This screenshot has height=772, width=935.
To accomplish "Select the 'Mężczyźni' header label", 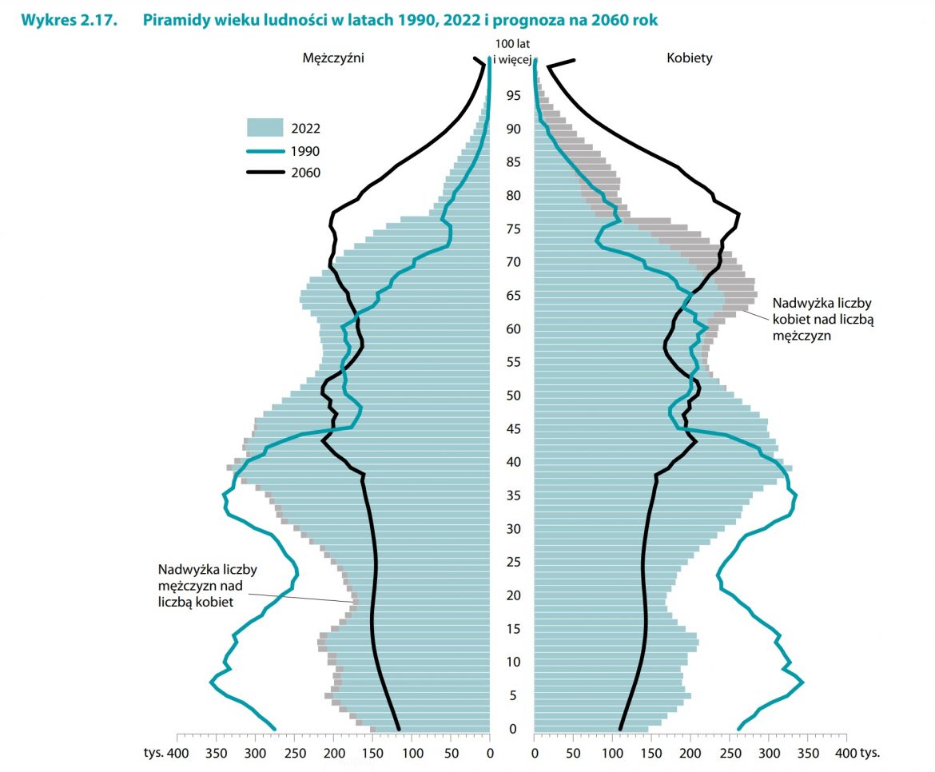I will pyautogui.click(x=333, y=58).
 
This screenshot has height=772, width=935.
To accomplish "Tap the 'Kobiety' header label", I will pyautogui.click(x=690, y=58).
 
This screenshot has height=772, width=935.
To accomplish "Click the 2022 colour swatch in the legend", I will pyautogui.click(x=265, y=128).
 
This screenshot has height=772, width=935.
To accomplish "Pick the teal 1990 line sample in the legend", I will pyautogui.click(x=265, y=150).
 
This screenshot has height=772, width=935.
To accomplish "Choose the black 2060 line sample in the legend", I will pyautogui.click(x=265, y=172).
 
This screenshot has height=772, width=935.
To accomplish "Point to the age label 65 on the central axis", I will pyautogui.click(x=512, y=296).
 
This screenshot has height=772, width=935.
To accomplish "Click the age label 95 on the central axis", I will pyautogui.click(x=512, y=96).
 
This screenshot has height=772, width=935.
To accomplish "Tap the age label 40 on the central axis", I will pyautogui.click(x=512, y=462).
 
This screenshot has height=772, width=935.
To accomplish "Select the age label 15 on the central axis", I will pyautogui.click(x=512, y=629).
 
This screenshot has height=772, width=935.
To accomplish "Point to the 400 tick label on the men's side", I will pyautogui.click(x=177, y=753).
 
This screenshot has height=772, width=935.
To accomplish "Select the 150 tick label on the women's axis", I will pyautogui.click(x=651, y=753).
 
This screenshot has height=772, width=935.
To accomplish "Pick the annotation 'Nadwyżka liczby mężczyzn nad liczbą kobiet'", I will pyautogui.click(x=207, y=586).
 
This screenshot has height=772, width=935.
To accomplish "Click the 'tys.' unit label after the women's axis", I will pyautogui.click(x=877, y=753).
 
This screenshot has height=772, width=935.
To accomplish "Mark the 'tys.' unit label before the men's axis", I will pyautogui.click(x=153, y=753).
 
